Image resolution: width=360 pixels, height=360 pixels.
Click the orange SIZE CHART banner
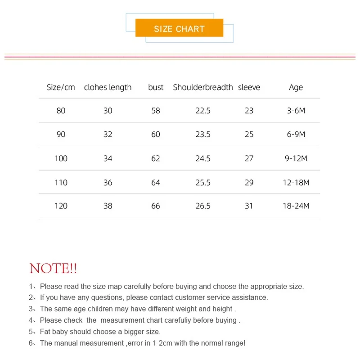179,29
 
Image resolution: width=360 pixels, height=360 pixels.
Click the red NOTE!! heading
53,269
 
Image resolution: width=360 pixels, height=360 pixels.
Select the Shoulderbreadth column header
203,87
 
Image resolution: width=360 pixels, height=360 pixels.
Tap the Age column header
296,87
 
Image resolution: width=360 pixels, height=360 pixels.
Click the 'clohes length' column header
108,87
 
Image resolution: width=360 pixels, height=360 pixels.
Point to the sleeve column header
249,87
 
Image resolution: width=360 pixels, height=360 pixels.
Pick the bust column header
156,87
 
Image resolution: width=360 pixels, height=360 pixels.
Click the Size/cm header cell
61,87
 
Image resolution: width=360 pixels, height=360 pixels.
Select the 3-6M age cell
296,111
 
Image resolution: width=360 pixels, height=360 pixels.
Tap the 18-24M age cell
296,206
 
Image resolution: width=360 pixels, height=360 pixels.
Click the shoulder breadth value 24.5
203,158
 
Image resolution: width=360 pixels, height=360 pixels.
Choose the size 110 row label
61,183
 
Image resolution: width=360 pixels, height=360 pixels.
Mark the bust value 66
156,206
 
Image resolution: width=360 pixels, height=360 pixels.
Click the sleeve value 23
249,111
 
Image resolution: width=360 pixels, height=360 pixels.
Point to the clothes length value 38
108,206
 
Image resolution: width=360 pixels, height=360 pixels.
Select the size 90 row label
61,135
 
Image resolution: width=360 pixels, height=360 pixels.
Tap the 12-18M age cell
296,183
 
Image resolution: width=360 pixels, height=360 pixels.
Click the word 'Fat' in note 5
45,332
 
